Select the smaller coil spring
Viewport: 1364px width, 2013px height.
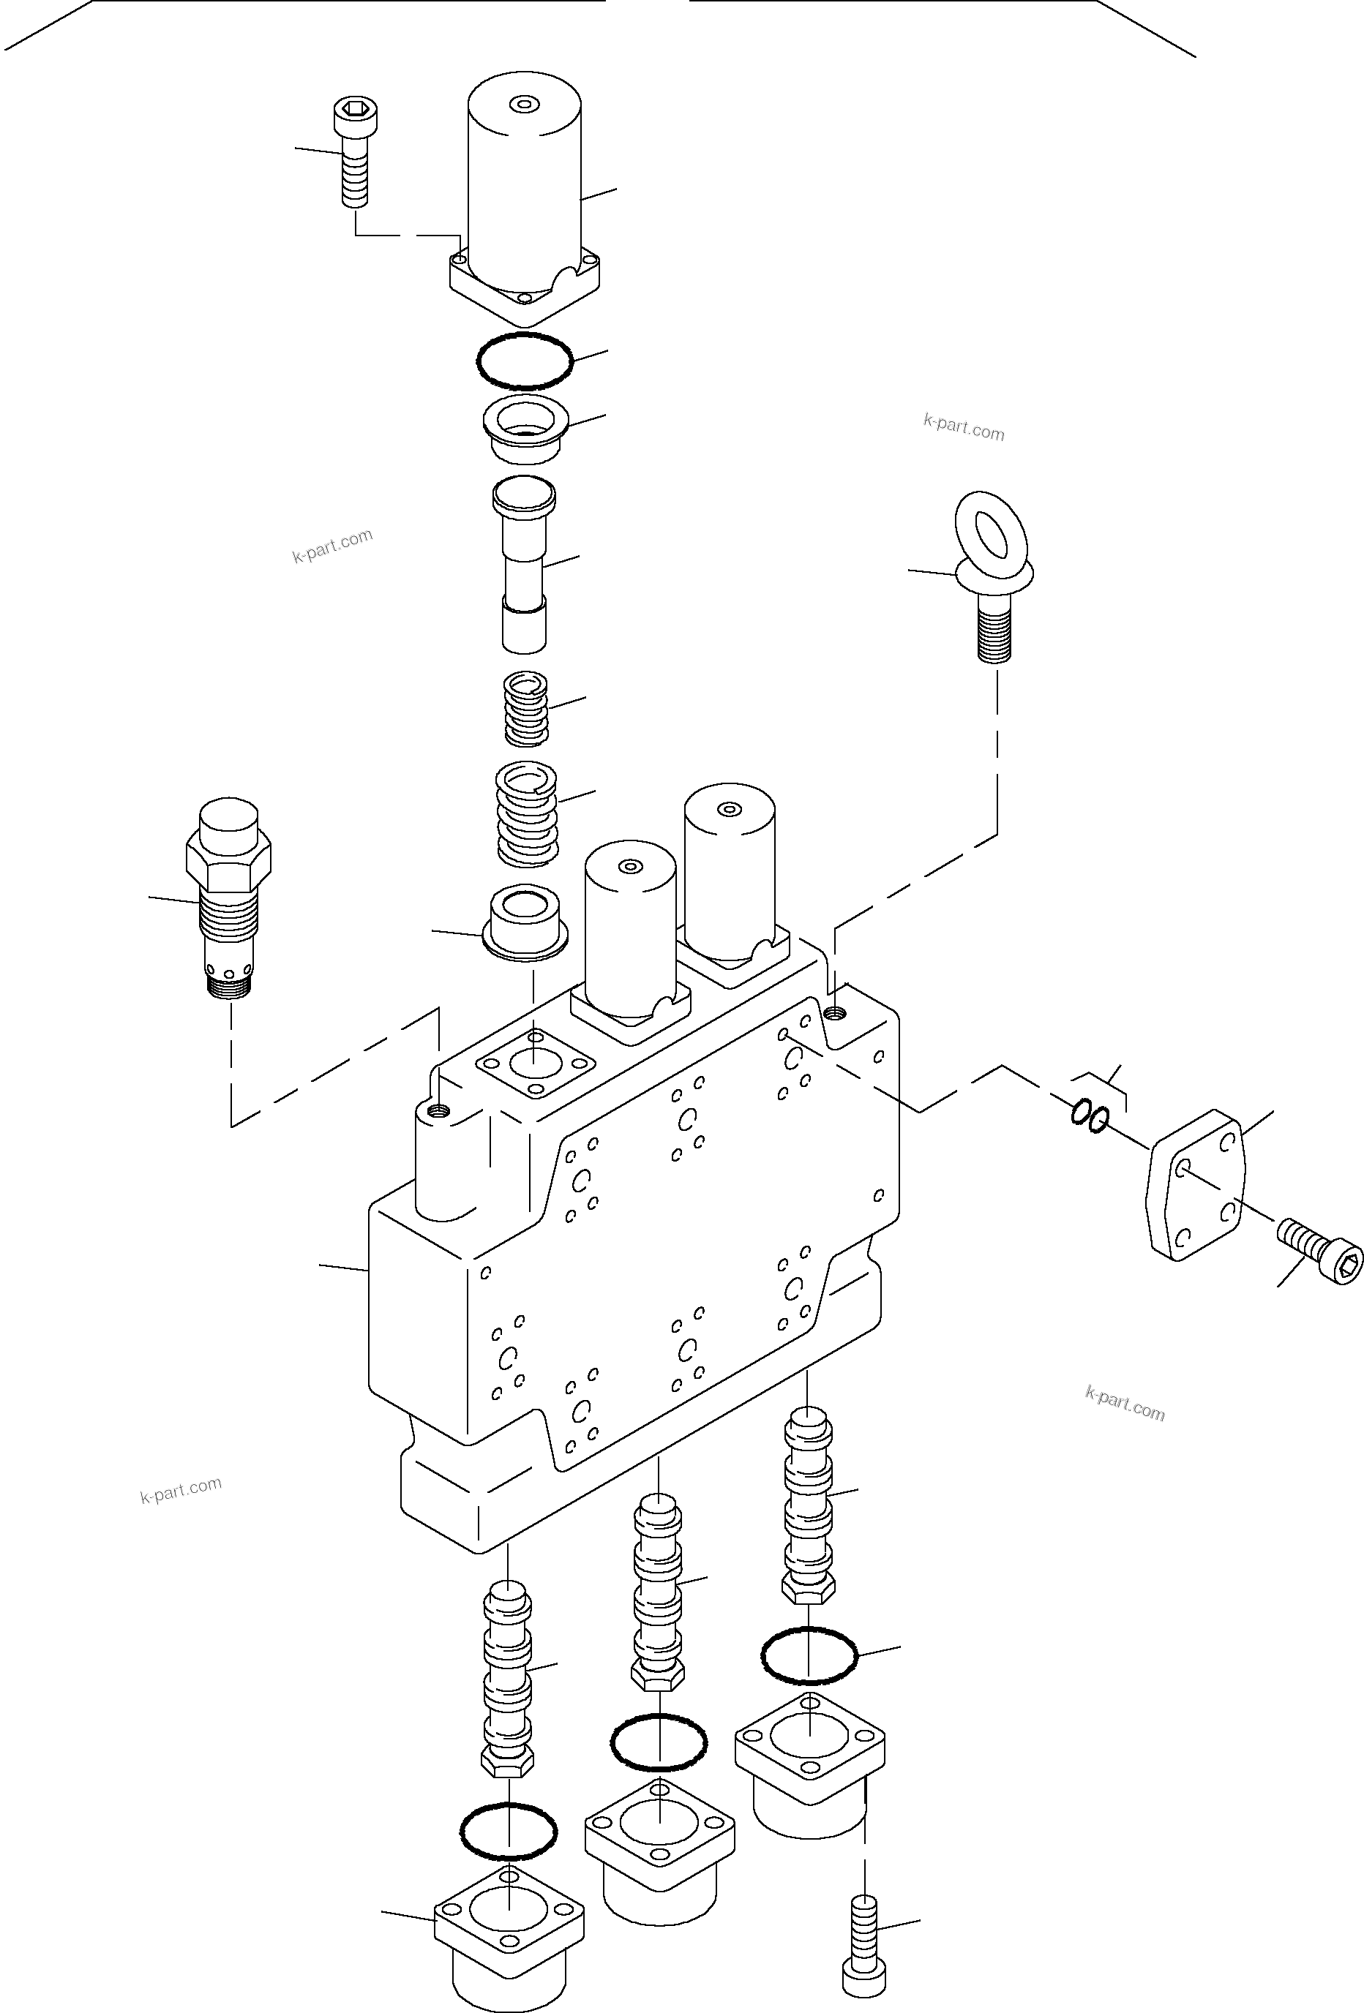click(x=526, y=709)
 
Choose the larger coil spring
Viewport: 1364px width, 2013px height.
click(x=526, y=812)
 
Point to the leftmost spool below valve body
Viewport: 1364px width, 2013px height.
click(x=508, y=1676)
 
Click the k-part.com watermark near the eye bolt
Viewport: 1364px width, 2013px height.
click(x=964, y=428)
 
